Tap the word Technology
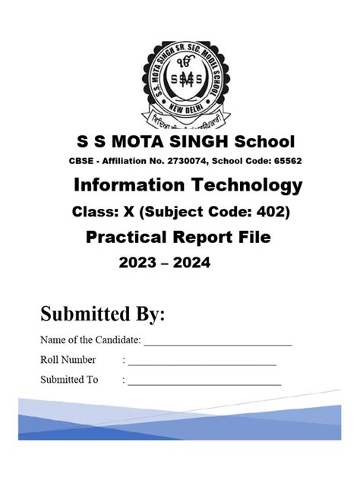(x=245, y=185)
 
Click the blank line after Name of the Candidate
(x=218, y=344)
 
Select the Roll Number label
(x=68, y=360)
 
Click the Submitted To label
(x=70, y=380)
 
